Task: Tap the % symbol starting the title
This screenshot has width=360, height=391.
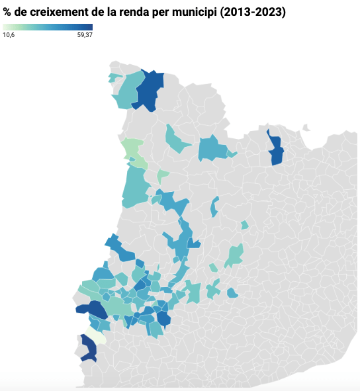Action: (x=8, y=13)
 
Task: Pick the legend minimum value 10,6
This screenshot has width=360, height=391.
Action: (x=9, y=35)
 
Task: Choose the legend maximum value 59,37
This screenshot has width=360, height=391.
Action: (x=84, y=35)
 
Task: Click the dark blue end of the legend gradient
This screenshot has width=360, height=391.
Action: (x=89, y=27)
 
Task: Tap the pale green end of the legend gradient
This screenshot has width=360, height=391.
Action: (x=6, y=27)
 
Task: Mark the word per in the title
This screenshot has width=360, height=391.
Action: (x=163, y=13)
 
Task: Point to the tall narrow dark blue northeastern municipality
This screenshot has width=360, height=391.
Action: (x=275, y=149)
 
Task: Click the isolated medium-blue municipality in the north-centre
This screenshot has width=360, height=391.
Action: (x=212, y=150)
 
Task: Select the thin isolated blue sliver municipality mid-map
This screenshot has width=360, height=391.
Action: (x=214, y=207)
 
